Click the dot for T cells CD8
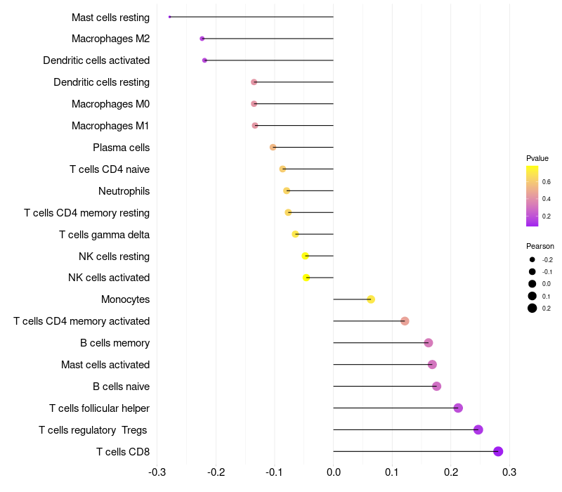[498, 451]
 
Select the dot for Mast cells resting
[170, 17]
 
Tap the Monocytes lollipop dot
[371, 299]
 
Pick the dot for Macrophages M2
[202, 39]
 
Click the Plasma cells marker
[273, 147]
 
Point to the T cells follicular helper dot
[458, 408]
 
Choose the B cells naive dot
[436, 386]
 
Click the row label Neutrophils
[124, 191]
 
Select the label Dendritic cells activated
[96, 60]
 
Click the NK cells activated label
[109, 278]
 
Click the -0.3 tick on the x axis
[157, 471]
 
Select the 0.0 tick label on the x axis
[333, 471]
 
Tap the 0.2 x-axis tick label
[450, 471]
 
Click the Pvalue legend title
[537, 158]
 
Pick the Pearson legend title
[540, 246]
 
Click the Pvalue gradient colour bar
[532, 196]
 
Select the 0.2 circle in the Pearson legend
[532, 308]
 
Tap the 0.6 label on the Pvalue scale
[547, 181]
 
